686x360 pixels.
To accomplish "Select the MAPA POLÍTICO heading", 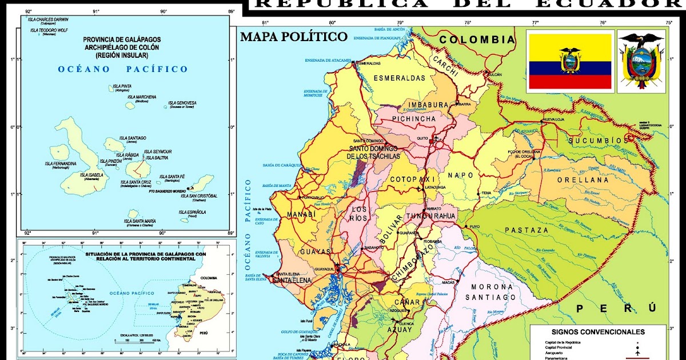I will click(x=293, y=37).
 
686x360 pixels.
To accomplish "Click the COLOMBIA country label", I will click(x=478, y=39).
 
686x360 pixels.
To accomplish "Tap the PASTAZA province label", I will click(x=526, y=230).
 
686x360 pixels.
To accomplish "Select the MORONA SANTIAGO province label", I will click(x=490, y=292).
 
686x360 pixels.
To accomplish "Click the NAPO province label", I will click(x=458, y=175).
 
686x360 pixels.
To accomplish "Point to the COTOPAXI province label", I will click(x=413, y=179).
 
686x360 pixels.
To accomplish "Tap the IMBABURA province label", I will click(x=426, y=105).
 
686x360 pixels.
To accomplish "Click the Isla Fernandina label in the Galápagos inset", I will click(x=61, y=164).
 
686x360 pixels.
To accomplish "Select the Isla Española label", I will click(x=192, y=213).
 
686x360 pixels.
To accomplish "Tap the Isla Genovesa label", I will click(x=182, y=103).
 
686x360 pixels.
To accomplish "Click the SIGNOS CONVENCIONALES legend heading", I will click(x=598, y=331).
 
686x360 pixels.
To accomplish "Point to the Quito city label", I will click(x=422, y=138).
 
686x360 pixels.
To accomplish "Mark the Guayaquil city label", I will click(x=324, y=269).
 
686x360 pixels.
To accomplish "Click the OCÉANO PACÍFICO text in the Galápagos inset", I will click(x=122, y=69).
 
